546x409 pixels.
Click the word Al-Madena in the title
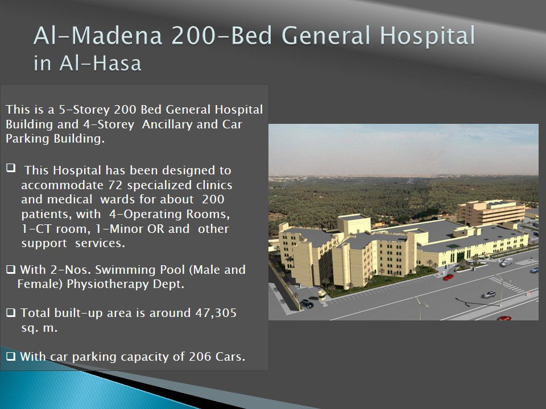(98, 35)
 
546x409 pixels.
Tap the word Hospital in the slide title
(427, 36)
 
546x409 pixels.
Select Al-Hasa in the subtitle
(100, 63)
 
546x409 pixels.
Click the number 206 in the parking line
(200, 357)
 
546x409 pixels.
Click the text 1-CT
(32, 228)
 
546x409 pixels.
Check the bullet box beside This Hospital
(11, 168)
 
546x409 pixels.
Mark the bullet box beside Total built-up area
(11, 312)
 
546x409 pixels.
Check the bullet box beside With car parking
(11, 356)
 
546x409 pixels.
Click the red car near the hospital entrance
(448, 277)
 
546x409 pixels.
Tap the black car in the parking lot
(307, 303)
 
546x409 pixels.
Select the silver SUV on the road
(489, 295)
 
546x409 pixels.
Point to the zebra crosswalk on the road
(507, 284)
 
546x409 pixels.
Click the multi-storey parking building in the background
(491, 212)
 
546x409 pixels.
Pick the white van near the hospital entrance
(506, 262)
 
